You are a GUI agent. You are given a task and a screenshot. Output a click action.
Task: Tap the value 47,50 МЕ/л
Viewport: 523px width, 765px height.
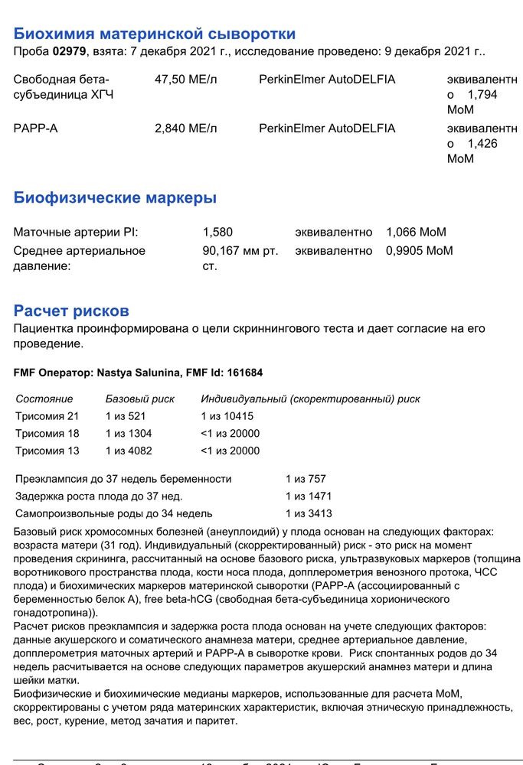coord(185,80)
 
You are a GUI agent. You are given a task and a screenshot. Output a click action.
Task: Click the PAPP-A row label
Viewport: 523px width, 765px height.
coord(36,129)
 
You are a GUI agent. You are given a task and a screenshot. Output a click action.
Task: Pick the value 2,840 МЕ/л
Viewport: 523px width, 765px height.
coord(185,129)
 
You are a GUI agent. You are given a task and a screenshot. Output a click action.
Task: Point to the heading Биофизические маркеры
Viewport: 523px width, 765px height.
coord(115,198)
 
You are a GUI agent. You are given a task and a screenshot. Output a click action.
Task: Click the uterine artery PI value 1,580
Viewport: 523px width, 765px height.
coord(217,232)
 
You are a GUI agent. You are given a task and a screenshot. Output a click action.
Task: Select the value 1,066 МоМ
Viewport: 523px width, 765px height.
coord(416,232)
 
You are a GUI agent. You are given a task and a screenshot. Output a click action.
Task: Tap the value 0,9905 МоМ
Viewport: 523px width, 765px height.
coord(419,250)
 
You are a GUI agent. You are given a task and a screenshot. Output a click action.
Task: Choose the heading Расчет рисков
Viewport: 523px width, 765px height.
coord(71,311)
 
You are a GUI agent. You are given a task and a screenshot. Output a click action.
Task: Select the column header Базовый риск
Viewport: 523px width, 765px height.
coord(139,399)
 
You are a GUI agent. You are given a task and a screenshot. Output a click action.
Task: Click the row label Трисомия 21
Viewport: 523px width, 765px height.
coord(47,416)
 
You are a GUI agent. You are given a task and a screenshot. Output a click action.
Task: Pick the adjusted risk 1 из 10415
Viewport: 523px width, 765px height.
coord(227,416)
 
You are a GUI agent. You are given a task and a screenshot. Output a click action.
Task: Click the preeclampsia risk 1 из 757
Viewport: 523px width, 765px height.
coord(306,479)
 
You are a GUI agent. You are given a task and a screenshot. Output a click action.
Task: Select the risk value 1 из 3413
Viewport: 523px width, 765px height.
coord(309,513)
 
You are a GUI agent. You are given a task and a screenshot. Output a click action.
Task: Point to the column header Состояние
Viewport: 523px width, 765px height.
coord(44,399)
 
